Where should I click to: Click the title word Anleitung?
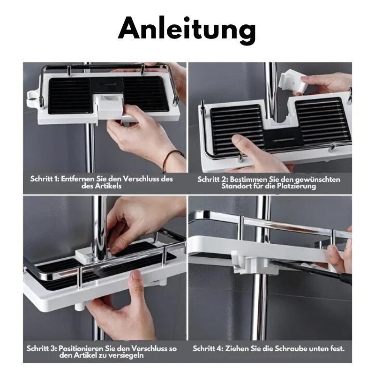pyautogui.click(x=187, y=30)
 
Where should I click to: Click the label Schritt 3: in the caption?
pyautogui.click(x=42, y=349)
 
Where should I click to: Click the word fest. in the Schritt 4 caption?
pyautogui.click(x=336, y=349)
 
